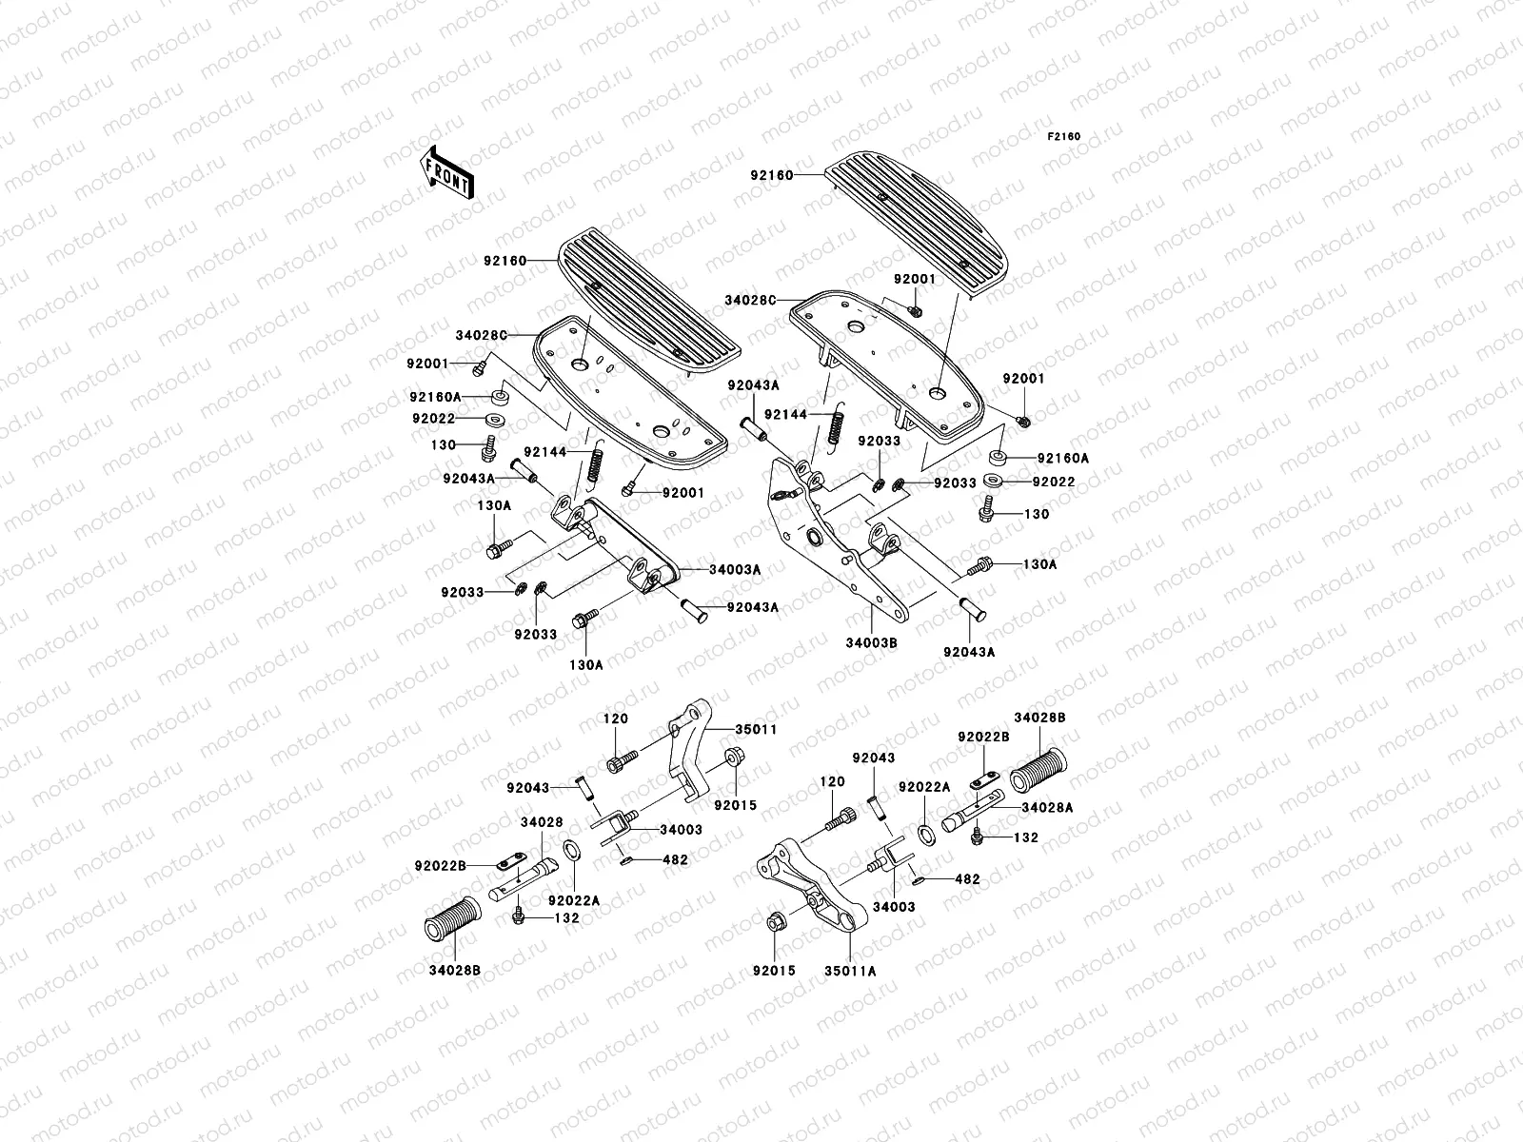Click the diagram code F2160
(x=1064, y=137)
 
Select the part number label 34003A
(x=734, y=570)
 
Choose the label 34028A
(x=1046, y=808)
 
